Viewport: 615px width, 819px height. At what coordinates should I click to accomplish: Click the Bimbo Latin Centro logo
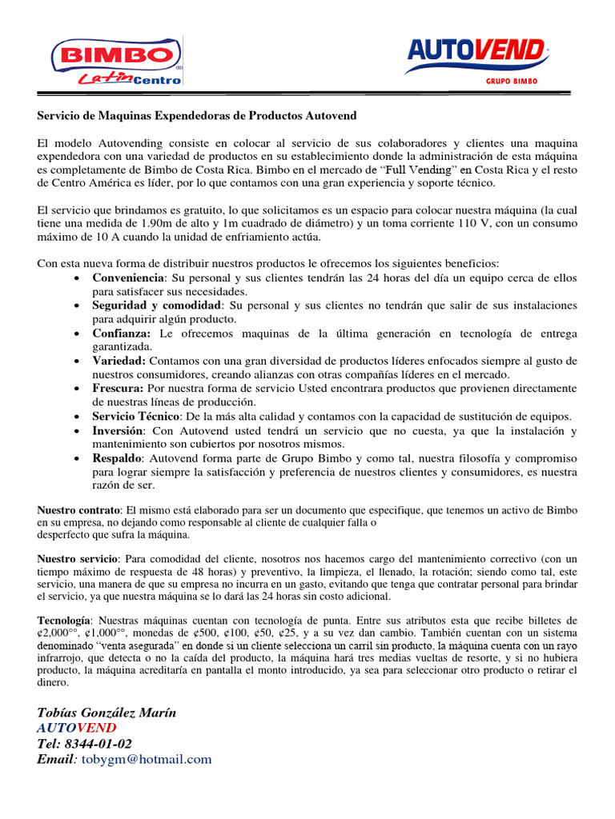coord(116,61)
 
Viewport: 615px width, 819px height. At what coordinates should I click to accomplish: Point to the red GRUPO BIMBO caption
coord(511,81)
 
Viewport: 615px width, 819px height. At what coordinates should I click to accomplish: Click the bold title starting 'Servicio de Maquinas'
coord(197,116)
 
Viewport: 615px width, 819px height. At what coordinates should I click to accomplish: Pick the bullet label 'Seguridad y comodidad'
coord(156,306)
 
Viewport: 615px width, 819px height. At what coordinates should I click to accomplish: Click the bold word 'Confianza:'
coord(121,333)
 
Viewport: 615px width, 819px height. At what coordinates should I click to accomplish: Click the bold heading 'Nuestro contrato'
coord(79,509)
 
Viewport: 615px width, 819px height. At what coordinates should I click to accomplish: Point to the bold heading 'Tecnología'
coord(65,620)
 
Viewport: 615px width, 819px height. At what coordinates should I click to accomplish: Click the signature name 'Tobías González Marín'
coord(107,713)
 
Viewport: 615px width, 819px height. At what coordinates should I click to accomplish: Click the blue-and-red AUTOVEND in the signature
coord(76,728)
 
